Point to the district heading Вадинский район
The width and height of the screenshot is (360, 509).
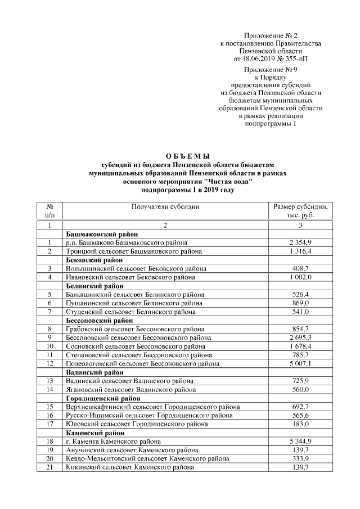coord(94,372)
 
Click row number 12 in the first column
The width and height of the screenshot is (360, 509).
coord(49,363)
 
